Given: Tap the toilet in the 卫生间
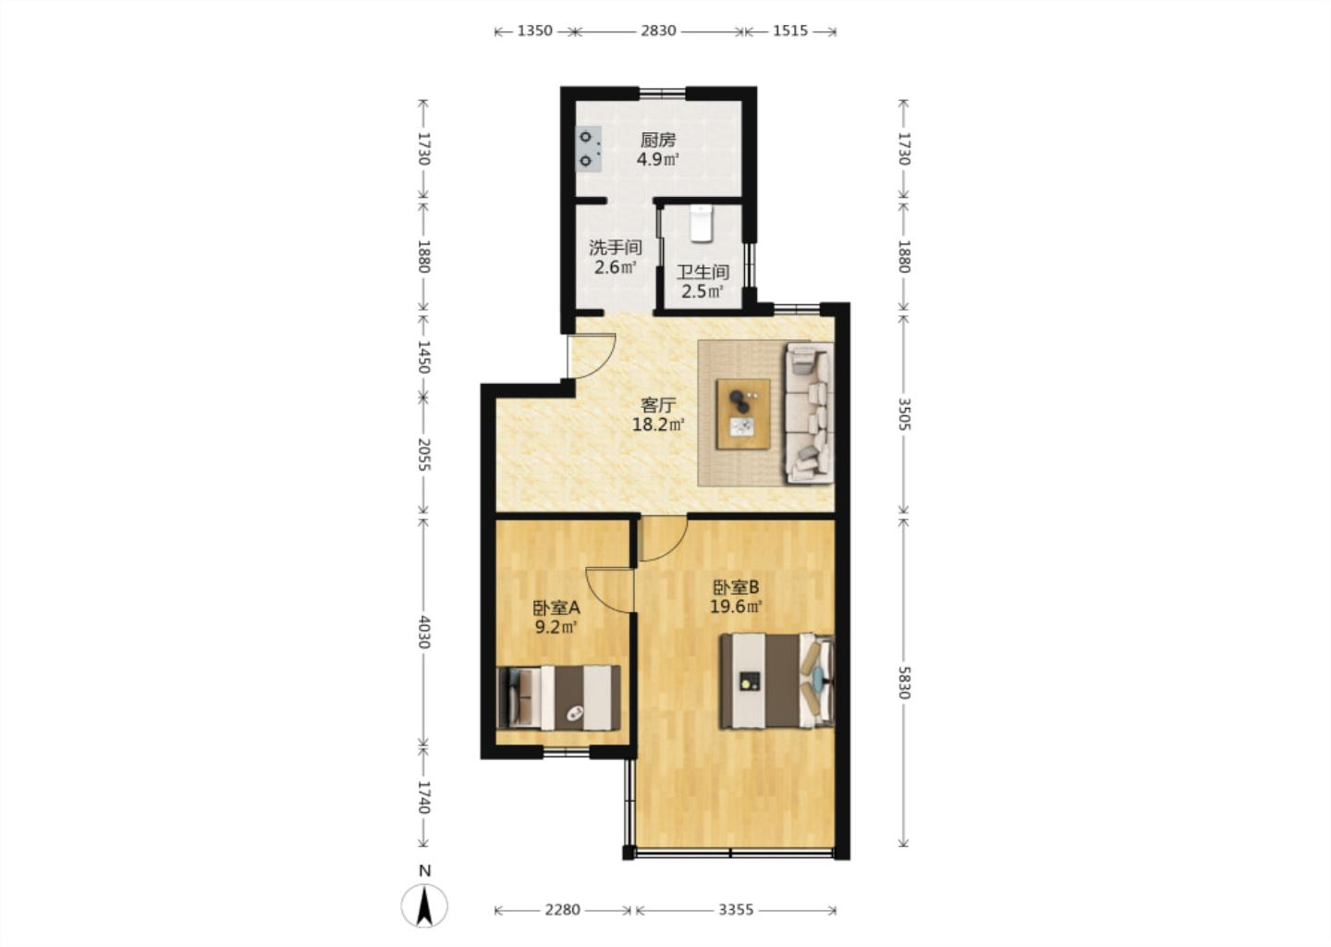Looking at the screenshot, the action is point(702,224).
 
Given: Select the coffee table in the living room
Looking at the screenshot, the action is point(743,413).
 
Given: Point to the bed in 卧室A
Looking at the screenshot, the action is point(558,697).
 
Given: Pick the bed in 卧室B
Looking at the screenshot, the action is point(776,681).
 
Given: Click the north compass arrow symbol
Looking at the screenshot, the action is point(424,906).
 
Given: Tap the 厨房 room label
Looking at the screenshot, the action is point(658,141).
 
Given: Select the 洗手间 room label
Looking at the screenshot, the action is point(616,247).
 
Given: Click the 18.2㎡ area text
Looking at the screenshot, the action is point(658,424).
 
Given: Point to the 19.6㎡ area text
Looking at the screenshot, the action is point(736,607).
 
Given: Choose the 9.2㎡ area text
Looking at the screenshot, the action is point(556,627).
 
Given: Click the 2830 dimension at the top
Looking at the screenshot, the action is point(658,31).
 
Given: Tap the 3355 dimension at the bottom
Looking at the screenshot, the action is point(736,910).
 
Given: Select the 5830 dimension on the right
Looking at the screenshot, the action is point(903,683).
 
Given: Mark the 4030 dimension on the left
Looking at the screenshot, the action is point(423,632).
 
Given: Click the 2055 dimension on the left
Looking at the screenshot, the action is point(423,455).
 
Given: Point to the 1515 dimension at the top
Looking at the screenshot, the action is point(790,31).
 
